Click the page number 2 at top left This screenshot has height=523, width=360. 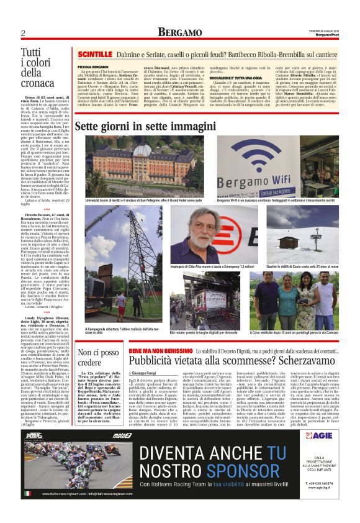(x=22, y=33)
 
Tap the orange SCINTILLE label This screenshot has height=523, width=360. (x=96, y=55)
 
